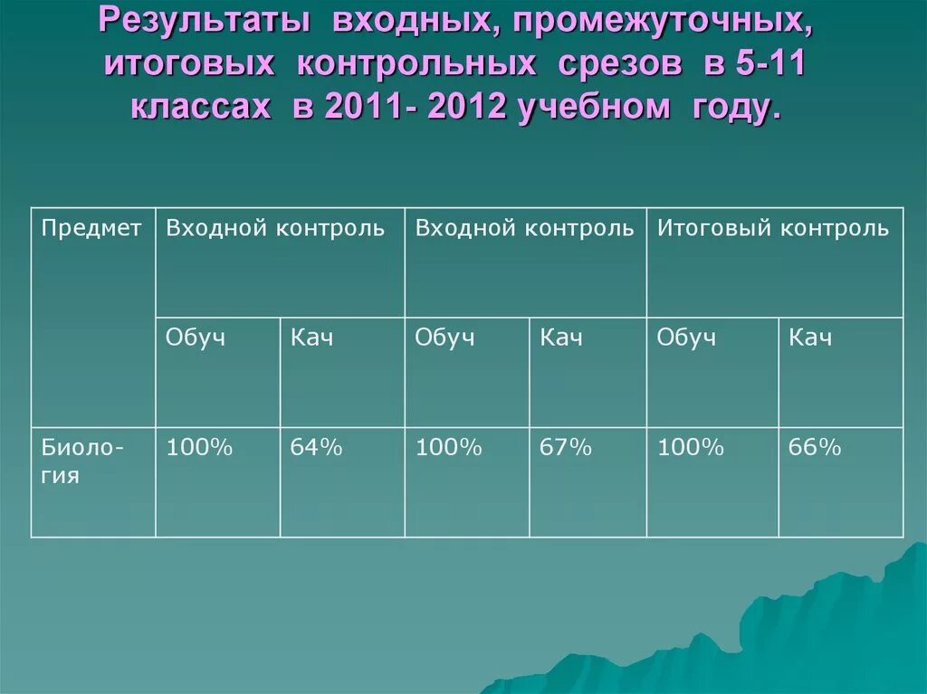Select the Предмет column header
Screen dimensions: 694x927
(91, 228)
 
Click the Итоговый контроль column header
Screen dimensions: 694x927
(773, 228)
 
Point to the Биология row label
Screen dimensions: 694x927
(82, 461)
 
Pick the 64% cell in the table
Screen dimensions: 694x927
(316, 447)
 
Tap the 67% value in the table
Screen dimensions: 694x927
(566, 447)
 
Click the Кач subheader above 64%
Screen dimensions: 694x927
(312, 338)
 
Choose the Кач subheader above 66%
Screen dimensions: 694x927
(810, 338)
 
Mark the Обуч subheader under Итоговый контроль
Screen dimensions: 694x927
(686, 338)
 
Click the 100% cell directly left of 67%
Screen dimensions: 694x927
(448, 447)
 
